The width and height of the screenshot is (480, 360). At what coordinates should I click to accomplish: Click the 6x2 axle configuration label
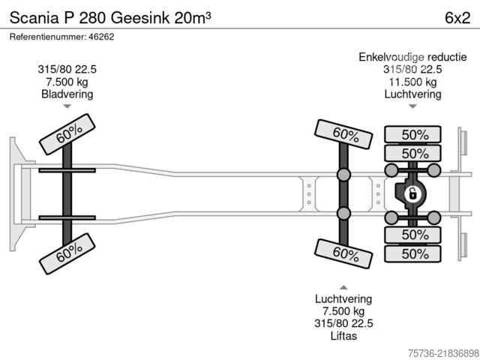click(x=457, y=18)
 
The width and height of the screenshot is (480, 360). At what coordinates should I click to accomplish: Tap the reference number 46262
click(x=101, y=37)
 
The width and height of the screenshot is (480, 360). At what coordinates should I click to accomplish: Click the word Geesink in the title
click(x=140, y=18)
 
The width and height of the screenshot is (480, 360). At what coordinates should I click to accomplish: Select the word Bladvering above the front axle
click(x=67, y=94)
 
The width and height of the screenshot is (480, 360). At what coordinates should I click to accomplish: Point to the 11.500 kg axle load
click(x=412, y=82)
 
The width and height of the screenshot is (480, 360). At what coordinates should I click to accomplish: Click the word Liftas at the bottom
click(x=343, y=336)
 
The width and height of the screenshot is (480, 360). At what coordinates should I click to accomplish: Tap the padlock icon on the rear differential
click(x=412, y=193)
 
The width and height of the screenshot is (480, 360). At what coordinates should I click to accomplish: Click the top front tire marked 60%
click(x=67, y=134)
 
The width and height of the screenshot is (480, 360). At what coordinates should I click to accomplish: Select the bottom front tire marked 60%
click(x=67, y=253)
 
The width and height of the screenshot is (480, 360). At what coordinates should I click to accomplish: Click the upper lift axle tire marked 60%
click(x=343, y=134)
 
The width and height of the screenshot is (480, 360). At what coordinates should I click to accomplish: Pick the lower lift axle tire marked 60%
click(x=343, y=253)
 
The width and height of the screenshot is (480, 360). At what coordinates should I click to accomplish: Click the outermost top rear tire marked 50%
click(x=412, y=134)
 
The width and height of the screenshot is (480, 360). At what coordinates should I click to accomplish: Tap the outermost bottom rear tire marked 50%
click(x=412, y=253)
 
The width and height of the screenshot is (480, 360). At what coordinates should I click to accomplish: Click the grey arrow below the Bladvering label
click(x=67, y=106)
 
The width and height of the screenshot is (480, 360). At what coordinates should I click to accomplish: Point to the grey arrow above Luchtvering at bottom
click(x=343, y=287)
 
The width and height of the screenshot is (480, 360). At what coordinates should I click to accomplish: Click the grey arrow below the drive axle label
click(x=412, y=106)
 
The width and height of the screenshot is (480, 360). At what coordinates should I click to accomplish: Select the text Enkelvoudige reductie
click(x=412, y=57)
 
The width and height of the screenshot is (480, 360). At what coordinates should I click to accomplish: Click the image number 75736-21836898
click(x=443, y=353)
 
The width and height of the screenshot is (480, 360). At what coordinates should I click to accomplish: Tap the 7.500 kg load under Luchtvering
click(x=343, y=311)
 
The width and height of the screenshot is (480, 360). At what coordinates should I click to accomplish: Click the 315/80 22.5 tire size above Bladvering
click(x=67, y=70)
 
